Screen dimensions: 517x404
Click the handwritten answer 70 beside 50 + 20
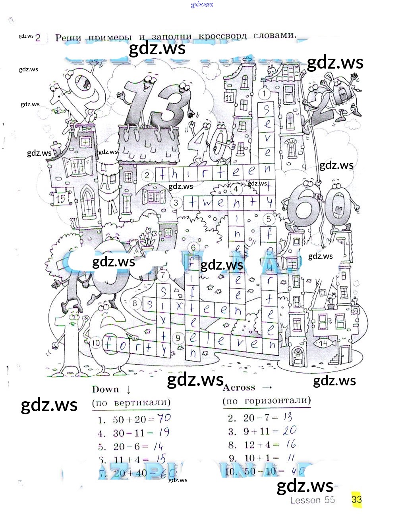164,418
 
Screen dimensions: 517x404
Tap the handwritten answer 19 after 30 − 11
163,432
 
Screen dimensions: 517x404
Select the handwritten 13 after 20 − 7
288,417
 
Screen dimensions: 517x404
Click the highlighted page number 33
356,499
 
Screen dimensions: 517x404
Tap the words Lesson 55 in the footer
312,500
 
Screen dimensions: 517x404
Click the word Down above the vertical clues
105,389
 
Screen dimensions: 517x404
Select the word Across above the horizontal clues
239,387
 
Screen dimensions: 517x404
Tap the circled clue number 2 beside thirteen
147,175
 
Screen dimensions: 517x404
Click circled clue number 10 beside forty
96,343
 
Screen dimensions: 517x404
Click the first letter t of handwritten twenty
193,203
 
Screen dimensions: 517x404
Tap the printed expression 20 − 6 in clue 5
126,446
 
